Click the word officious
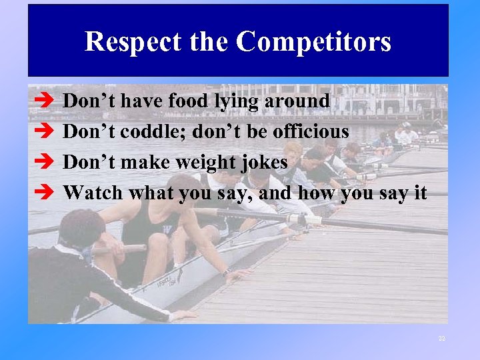tap(311, 131)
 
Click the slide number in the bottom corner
tap(441, 339)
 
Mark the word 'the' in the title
tap(208, 42)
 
